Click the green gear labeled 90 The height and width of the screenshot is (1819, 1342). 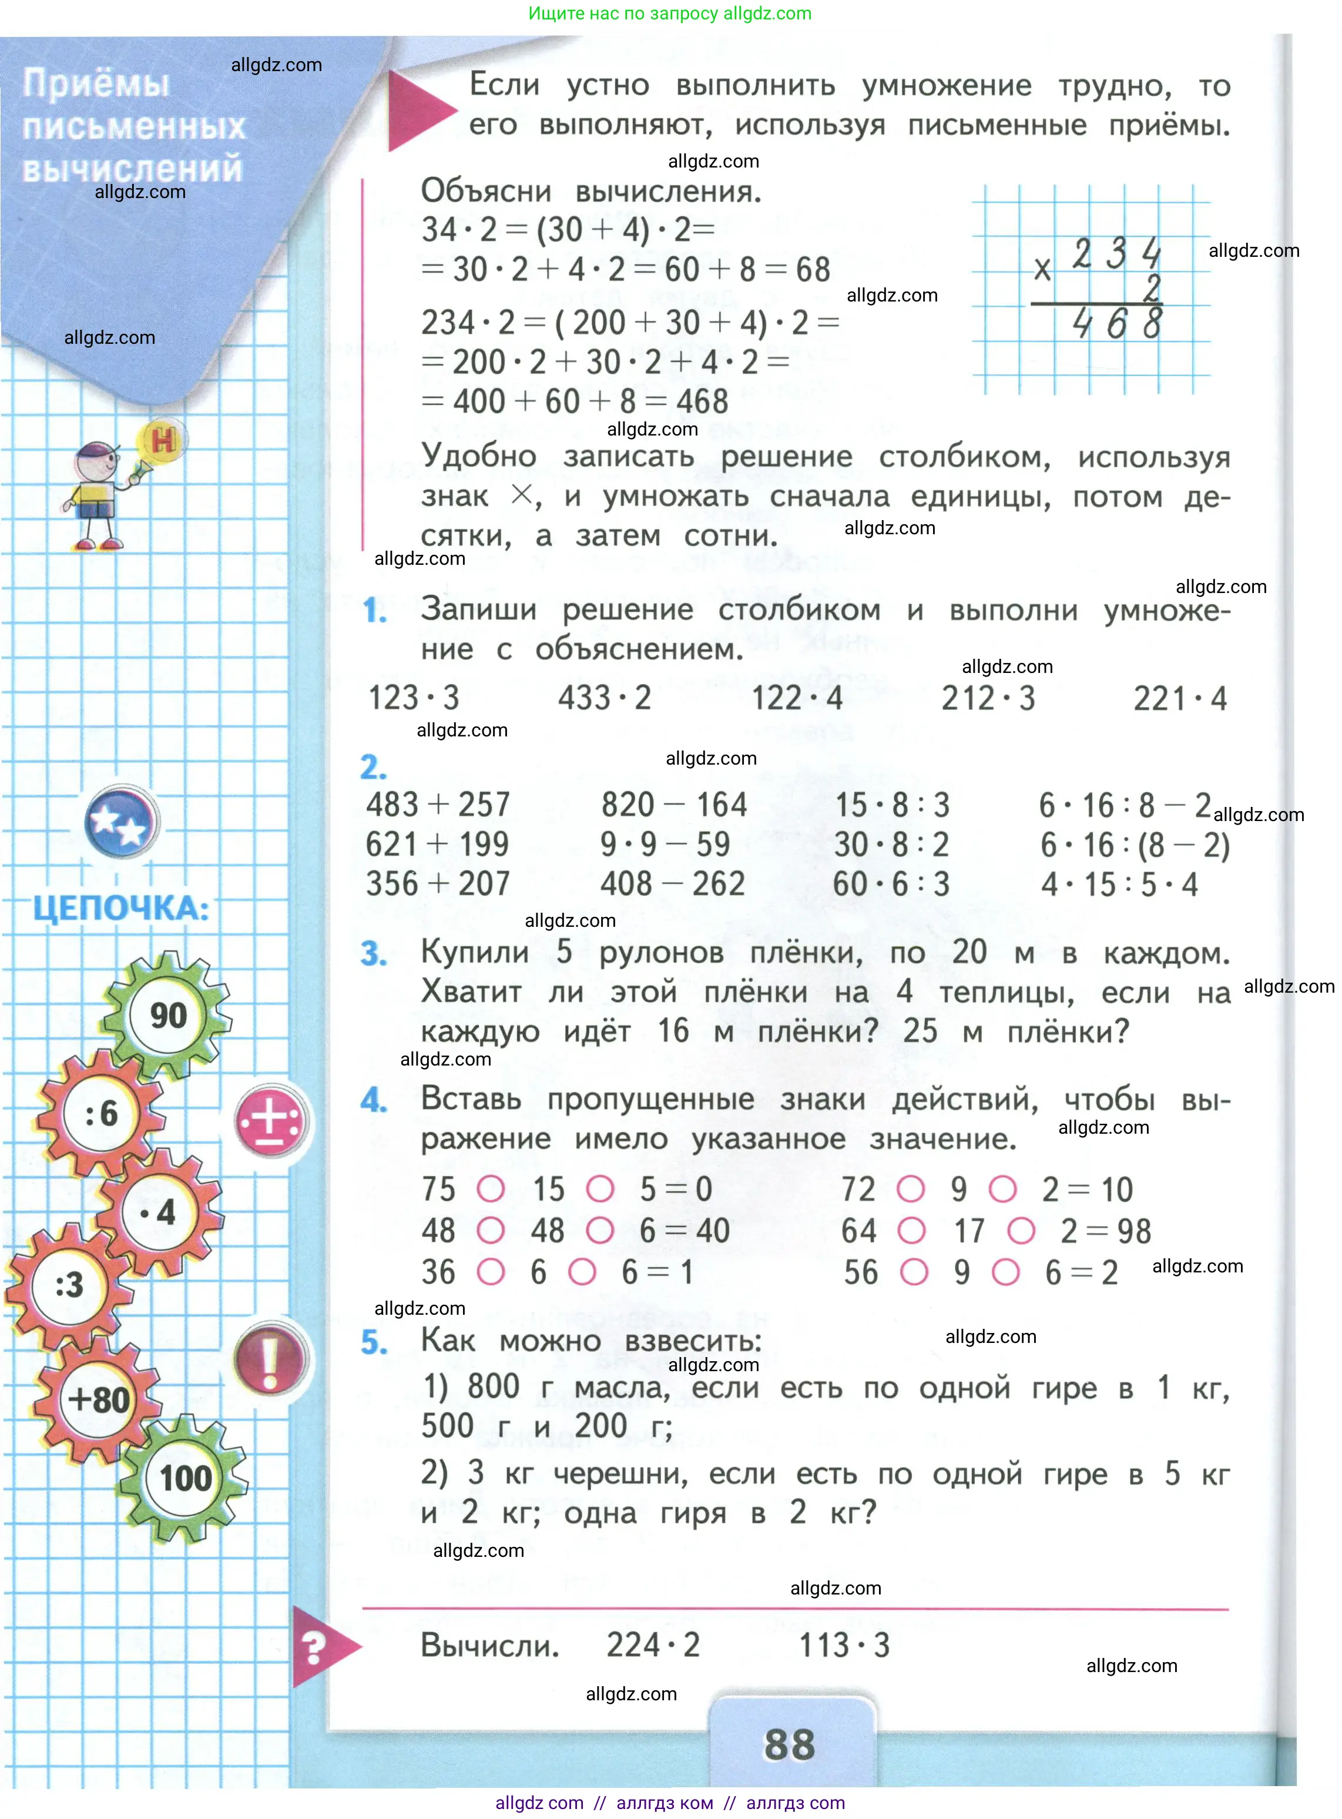168,1015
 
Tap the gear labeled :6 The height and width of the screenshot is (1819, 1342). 102,1113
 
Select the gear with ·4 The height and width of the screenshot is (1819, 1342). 159,1212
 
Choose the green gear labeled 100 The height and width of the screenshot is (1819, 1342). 185,1478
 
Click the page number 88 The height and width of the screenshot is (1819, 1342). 789,1744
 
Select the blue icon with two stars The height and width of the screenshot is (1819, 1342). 121,822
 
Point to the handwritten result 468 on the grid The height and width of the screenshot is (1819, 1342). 1116,325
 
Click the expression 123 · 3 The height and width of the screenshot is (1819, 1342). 414,698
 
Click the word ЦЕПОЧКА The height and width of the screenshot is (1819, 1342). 121,908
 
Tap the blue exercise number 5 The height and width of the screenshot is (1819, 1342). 374,1343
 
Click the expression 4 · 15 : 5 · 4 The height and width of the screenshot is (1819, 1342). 1119,885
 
